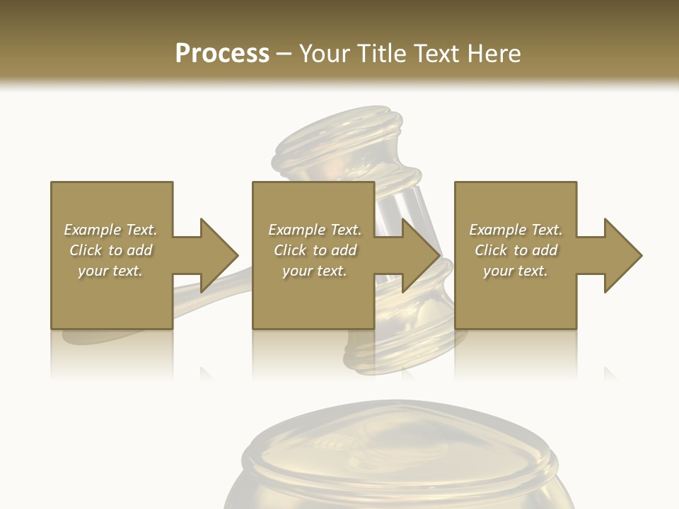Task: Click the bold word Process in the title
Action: click(222, 54)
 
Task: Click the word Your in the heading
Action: click(325, 54)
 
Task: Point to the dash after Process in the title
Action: click(284, 54)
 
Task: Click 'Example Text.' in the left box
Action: click(111, 230)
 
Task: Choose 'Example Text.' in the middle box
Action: click(315, 230)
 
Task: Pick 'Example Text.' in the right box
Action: click(516, 230)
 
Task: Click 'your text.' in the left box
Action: click(111, 271)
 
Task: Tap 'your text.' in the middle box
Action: click(315, 271)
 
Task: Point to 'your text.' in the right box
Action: click(516, 271)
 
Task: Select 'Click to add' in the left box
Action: click(111, 250)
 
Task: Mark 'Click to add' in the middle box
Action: click(315, 250)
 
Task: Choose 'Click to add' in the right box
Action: click(516, 250)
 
